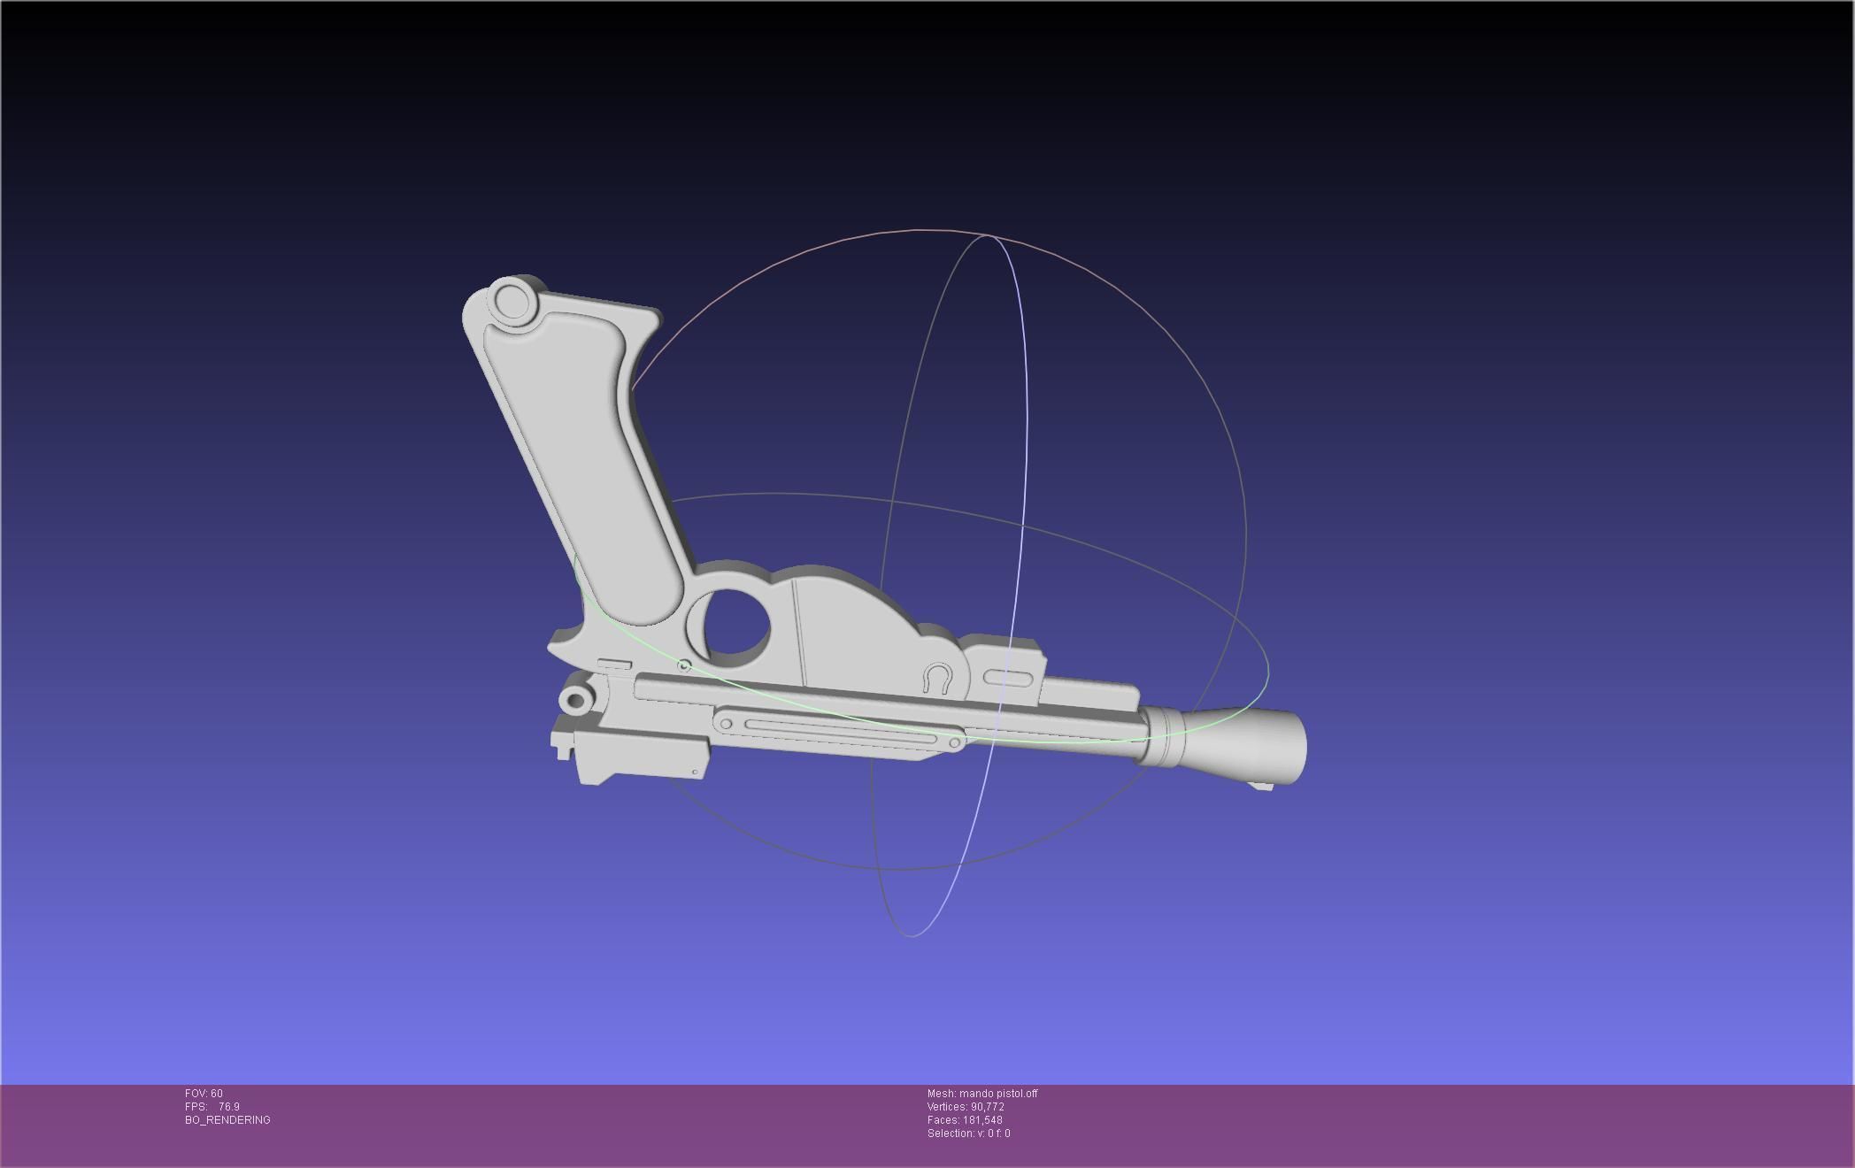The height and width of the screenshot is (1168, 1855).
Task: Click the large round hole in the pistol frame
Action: (x=730, y=624)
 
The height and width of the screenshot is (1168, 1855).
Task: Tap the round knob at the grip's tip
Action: (x=511, y=301)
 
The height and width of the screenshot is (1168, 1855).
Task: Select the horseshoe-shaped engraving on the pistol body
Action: (x=937, y=678)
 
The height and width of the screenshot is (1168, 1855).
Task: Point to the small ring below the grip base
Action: (x=575, y=701)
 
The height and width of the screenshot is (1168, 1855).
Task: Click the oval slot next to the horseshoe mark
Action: (x=1007, y=679)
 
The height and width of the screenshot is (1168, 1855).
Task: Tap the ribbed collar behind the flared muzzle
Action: (x=1160, y=737)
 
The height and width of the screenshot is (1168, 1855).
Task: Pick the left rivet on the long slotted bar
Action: (x=726, y=724)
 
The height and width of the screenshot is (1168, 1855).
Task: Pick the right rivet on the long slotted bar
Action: (x=954, y=743)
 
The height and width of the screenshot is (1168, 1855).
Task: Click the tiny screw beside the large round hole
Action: (x=683, y=665)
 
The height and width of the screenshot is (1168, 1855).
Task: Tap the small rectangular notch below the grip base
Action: (x=614, y=664)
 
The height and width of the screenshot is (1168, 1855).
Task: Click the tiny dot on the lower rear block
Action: (x=695, y=772)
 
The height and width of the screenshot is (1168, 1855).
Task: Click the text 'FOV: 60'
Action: (x=204, y=1094)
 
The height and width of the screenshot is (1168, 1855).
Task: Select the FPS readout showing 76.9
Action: (x=212, y=1107)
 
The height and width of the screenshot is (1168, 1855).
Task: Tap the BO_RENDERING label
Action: (x=227, y=1120)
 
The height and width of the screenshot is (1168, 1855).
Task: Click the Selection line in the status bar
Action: (x=968, y=1133)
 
